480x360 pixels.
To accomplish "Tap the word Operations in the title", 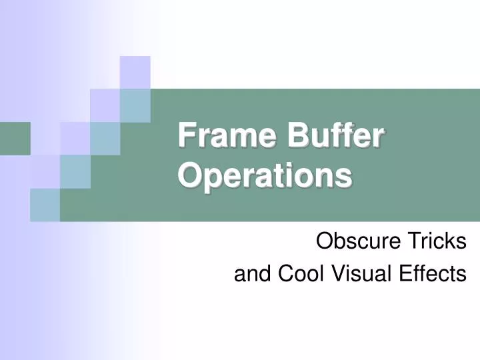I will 265,175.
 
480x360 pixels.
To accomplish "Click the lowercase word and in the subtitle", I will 250,273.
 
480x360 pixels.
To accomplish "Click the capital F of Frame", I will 186,137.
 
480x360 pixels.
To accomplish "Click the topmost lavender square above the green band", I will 135,72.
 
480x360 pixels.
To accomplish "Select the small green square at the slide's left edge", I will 15,138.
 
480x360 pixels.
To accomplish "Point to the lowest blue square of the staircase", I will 45,204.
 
